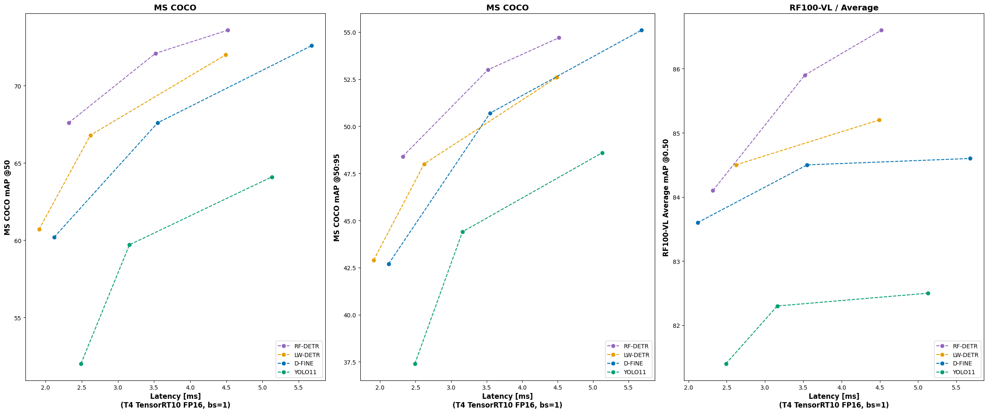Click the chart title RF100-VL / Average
point(834,8)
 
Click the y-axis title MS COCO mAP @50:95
point(337,197)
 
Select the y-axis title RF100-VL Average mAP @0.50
point(666,197)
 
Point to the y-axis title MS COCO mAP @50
point(8,197)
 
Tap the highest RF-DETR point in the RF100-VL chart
point(881,30)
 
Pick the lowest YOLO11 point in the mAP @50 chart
point(81,364)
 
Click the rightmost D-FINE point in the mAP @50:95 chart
point(641,30)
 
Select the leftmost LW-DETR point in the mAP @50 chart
point(39,229)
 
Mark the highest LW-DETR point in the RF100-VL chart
point(879,120)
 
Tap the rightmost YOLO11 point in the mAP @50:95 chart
point(602,153)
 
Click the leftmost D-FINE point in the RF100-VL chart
point(698,223)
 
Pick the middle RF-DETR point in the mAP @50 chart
point(156,53)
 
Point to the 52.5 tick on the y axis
point(349,80)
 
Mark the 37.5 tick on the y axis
point(349,362)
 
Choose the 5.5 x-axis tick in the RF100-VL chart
point(956,388)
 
